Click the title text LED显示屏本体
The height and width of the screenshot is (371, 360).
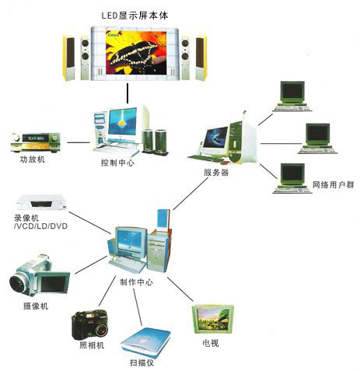pyautogui.click(x=135, y=16)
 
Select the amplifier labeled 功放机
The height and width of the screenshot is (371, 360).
pyautogui.click(x=36, y=142)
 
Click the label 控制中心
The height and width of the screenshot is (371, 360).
pyautogui.click(x=117, y=163)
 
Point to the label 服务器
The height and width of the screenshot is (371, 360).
pyautogui.click(x=216, y=173)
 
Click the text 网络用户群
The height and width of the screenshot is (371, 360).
pyautogui.click(x=334, y=185)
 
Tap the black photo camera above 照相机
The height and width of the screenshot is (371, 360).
pyautogui.click(x=89, y=324)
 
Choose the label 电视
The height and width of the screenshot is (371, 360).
pyautogui.click(x=211, y=343)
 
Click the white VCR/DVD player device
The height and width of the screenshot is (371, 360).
pyautogui.click(x=41, y=202)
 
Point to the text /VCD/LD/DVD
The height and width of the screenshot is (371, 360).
pyautogui.click(x=40, y=226)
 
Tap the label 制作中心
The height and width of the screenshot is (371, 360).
pyautogui.click(x=136, y=282)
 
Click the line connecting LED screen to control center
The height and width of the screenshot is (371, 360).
pyautogui.click(x=128, y=93)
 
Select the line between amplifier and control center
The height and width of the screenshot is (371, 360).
pyautogui.click(x=79, y=142)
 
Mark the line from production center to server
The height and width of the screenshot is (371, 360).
pyautogui.click(x=190, y=194)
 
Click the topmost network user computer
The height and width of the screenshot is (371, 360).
pyautogui.click(x=292, y=96)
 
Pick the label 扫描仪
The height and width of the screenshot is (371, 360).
pyautogui.click(x=142, y=362)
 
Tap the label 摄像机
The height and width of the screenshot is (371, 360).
pyautogui.click(x=36, y=306)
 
